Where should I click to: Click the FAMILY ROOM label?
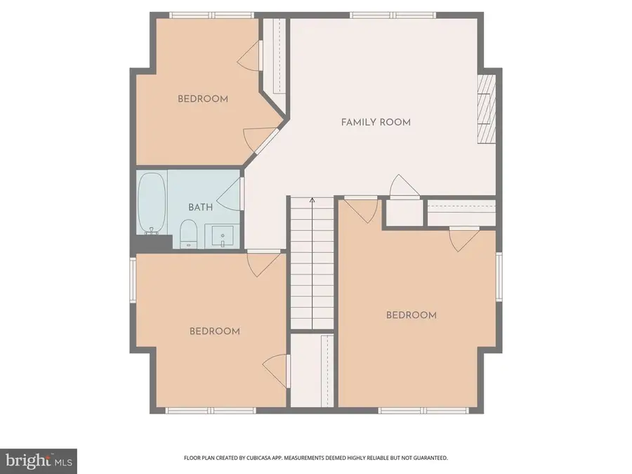pos(376,122)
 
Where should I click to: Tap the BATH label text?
pos(200,208)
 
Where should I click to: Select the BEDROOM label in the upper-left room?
pos(202,99)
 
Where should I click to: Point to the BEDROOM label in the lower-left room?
pos(215,331)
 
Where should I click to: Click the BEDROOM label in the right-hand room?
pos(412,315)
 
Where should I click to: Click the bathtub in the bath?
pos(152,204)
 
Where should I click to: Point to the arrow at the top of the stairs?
pos(312,203)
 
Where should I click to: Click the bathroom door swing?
pos(230,193)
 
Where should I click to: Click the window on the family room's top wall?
pos(393,15)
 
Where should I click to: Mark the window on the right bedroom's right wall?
pos(499,277)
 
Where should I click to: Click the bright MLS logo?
pos(39,461)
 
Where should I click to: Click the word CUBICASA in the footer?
pos(275,458)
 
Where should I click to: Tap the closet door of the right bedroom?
pos(460,238)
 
